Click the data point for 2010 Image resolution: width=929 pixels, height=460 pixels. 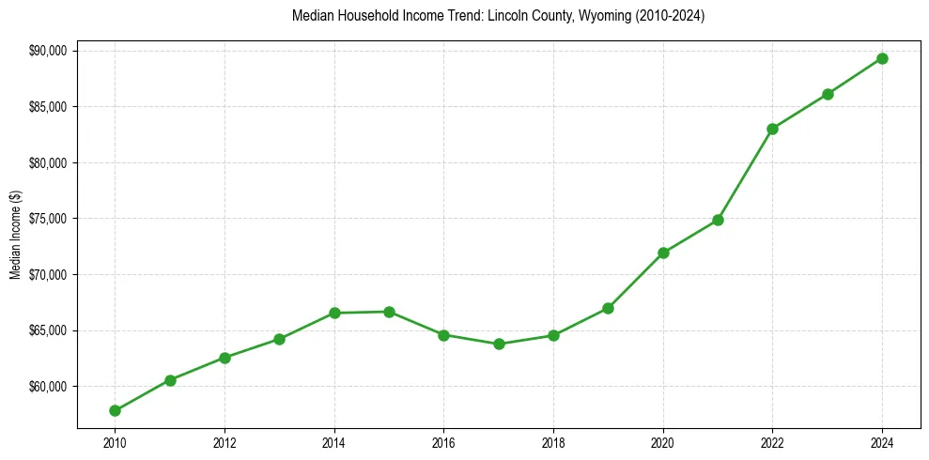click(115, 410)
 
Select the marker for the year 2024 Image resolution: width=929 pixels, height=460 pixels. click(882, 58)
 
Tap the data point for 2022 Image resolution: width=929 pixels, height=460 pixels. click(772, 129)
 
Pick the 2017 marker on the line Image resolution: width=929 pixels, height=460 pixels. click(499, 344)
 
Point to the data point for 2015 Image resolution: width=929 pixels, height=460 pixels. click(389, 312)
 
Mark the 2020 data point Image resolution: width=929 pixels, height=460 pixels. click(663, 253)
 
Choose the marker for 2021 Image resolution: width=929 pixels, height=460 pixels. click(718, 220)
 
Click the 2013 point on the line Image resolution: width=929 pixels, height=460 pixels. click(279, 339)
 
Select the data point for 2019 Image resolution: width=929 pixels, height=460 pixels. click(608, 308)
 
